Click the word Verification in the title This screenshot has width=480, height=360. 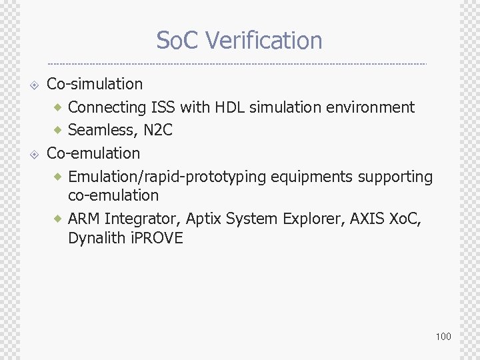(x=264, y=41)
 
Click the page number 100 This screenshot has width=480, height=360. (x=443, y=336)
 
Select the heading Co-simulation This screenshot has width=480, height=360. (x=95, y=84)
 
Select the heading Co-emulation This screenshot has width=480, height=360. (x=93, y=153)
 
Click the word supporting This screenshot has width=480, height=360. (x=395, y=177)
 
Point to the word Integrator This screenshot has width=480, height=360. (x=142, y=219)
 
